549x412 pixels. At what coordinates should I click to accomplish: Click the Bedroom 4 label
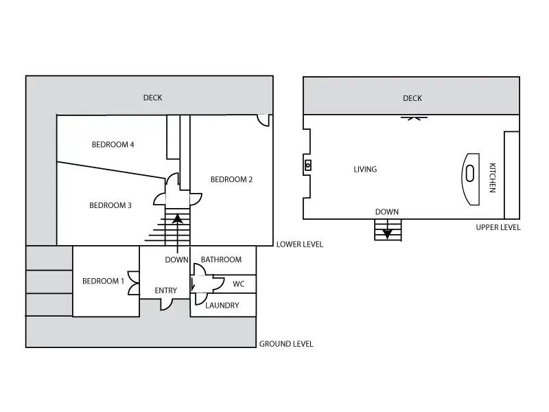(x=113, y=145)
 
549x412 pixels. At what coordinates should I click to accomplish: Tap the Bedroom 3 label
(x=110, y=205)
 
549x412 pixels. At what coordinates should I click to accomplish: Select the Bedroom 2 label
(x=231, y=180)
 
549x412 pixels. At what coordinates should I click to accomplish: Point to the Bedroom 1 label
(x=103, y=281)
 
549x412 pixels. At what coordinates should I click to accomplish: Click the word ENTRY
(x=165, y=290)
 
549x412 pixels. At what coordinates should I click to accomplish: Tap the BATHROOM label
(x=221, y=260)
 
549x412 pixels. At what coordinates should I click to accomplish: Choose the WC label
(x=239, y=284)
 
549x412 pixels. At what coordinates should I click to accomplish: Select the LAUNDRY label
(x=222, y=306)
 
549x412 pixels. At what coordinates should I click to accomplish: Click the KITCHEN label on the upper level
(x=492, y=178)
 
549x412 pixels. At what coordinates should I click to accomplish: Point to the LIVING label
(x=365, y=170)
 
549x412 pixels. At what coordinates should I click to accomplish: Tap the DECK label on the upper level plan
(x=412, y=98)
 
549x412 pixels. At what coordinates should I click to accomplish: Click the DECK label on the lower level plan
(x=152, y=98)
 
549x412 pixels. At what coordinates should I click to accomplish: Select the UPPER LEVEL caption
(x=498, y=227)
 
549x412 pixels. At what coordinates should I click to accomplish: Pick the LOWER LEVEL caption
(x=300, y=244)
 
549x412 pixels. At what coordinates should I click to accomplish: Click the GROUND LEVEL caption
(x=286, y=344)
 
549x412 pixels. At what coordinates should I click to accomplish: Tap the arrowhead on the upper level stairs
(x=387, y=234)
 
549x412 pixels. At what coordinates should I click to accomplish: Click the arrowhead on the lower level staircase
(x=178, y=218)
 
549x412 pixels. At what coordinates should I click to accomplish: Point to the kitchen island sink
(x=470, y=174)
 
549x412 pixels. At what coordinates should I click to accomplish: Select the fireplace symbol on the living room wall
(x=307, y=165)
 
